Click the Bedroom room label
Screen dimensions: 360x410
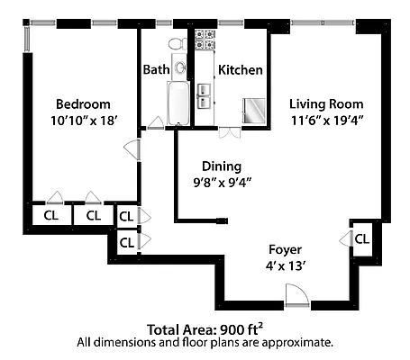tap(83, 103)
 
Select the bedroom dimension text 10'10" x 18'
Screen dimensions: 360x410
tap(83, 120)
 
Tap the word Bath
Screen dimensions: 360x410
tap(157, 69)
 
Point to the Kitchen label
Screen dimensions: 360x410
tap(241, 69)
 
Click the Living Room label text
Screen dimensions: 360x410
tap(325, 103)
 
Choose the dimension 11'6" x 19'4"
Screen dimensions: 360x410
tap(325, 119)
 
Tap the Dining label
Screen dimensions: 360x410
tap(221, 166)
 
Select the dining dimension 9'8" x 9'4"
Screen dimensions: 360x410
tap(221, 182)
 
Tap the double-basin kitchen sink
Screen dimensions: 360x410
tap(205, 90)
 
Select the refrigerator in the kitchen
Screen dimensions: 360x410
tap(252, 109)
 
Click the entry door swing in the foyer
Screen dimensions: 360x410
tap(294, 292)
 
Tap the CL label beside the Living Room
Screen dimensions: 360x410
tap(361, 239)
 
